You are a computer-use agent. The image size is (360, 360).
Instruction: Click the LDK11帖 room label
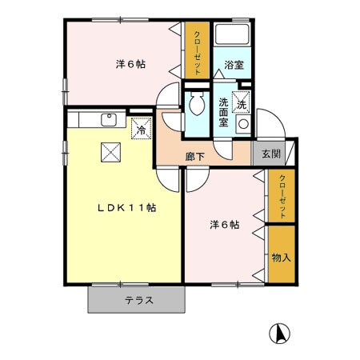[126, 208]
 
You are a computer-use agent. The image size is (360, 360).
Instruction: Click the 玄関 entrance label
[271, 154]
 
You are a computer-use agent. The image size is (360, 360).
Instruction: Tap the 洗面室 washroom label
[223, 112]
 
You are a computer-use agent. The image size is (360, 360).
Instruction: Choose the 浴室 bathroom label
[234, 66]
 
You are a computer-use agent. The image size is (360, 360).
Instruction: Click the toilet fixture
[196, 105]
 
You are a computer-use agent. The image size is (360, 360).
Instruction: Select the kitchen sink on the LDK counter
[108, 120]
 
